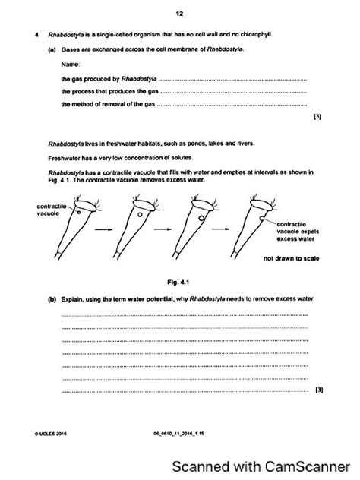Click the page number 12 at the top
179,13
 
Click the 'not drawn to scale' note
291,258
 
